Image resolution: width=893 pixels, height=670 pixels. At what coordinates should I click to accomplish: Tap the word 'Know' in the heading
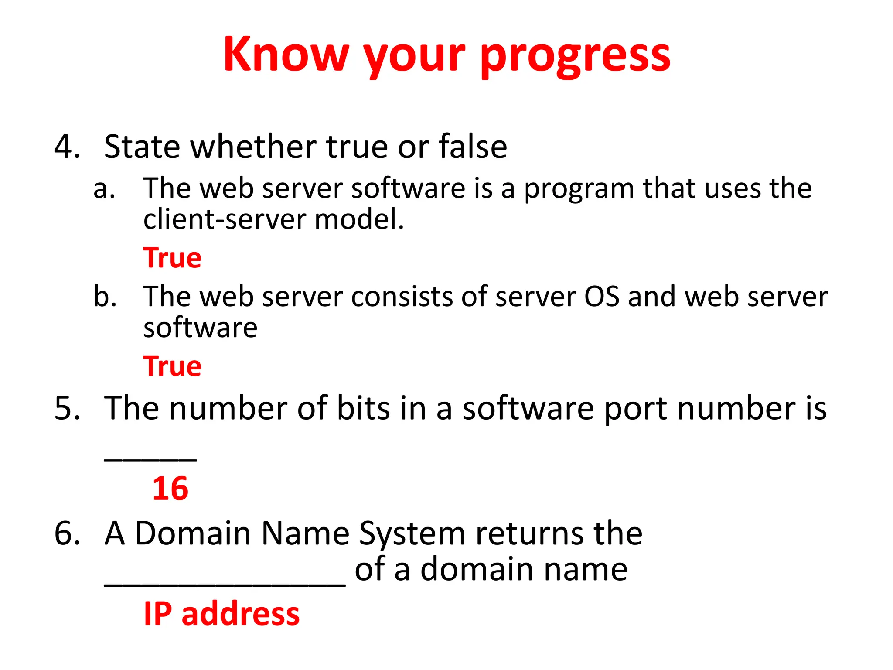tap(286, 54)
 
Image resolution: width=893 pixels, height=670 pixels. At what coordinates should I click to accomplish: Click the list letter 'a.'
tap(104, 189)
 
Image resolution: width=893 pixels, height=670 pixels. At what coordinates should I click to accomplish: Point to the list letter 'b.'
tap(105, 297)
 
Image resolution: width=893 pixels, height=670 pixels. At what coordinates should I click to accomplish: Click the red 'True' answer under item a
tap(172, 258)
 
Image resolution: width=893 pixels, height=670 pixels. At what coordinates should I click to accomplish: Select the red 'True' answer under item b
tap(172, 366)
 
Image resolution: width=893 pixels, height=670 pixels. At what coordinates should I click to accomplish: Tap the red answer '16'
tap(170, 489)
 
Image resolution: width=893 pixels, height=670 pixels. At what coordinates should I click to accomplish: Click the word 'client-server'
tap(225, 219)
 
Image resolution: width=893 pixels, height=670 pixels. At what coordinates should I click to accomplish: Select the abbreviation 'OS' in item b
tap(601, 297)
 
